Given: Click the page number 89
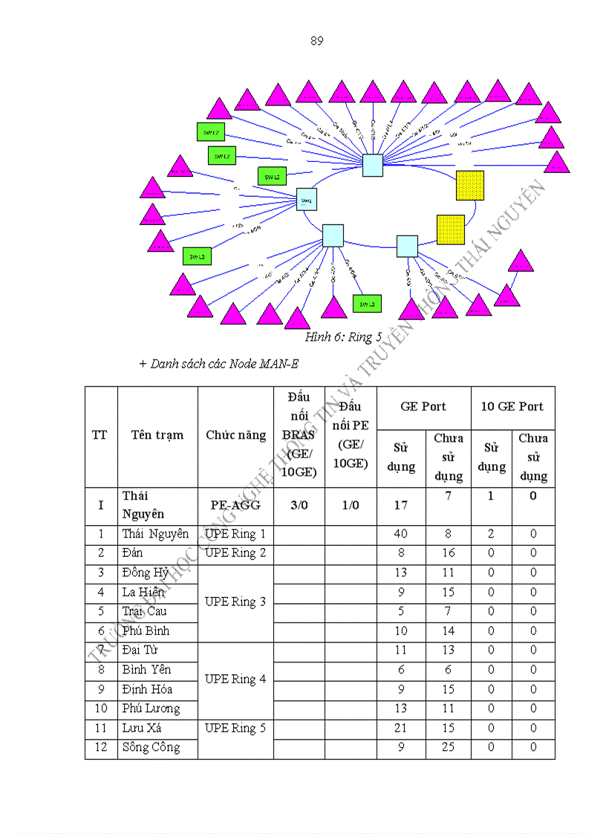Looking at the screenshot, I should [x=316, y=41].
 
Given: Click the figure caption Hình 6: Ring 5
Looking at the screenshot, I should [x=343, y=337].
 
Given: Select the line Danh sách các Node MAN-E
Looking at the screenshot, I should [x=219, y=363].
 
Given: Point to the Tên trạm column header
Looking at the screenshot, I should [x=157, y=435].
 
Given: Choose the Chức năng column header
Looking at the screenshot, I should [x=235, y=435].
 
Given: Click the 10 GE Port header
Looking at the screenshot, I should [x=512, y=406].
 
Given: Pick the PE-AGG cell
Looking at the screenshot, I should [x=235, y=505].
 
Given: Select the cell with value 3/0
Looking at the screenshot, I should [x=299, y=505].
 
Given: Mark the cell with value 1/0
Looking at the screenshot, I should [x=350, y=505].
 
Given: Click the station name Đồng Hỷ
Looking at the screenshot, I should [x=146, y=573].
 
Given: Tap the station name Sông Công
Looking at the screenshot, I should [x=151, y=747].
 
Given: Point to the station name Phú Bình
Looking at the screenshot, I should [x=146, y=631].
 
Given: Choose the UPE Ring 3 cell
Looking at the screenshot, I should [x=235, y=602].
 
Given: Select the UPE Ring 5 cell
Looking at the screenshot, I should [x=235, y=728].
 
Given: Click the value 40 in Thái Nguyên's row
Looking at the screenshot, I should [x=400, y=533].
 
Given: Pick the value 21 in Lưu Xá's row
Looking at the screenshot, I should [x=400, y=728].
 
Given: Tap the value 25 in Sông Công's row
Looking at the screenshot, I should [x=448, y=747].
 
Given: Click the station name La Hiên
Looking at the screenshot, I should [x=143, y=592].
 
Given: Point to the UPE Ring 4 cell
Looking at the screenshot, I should [x=235, y=679].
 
